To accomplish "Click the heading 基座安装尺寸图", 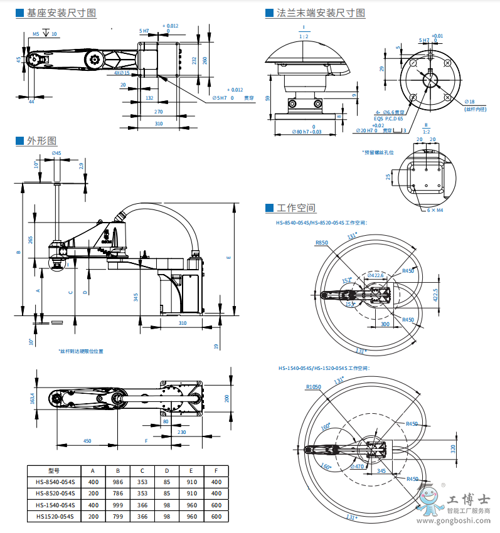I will tap(61, 13).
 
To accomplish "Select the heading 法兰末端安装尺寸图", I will tap(321, 13).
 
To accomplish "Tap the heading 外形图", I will tap(41, 140).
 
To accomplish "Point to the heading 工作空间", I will tap(295, 208).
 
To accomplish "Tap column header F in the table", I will tap(216, 471).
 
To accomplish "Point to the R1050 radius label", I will tap(314, 388).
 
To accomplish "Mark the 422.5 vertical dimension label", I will tap(435, 295).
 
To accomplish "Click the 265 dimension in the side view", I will tap(31, 240).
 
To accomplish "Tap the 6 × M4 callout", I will tap(435, 211).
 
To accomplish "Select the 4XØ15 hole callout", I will tap(122, 73).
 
